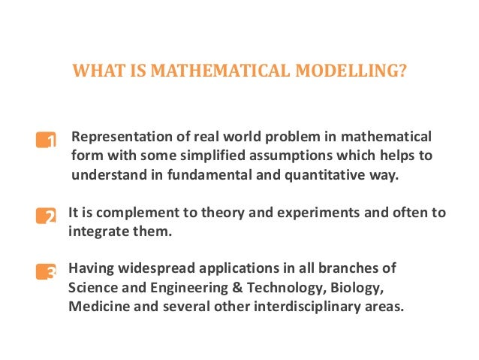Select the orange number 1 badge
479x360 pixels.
pyautogui.click(x=47, y=140)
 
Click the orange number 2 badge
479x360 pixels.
pyautogui.click(x=47, y=216)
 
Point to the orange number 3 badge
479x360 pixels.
pyautogui.click(x=47, y=271)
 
